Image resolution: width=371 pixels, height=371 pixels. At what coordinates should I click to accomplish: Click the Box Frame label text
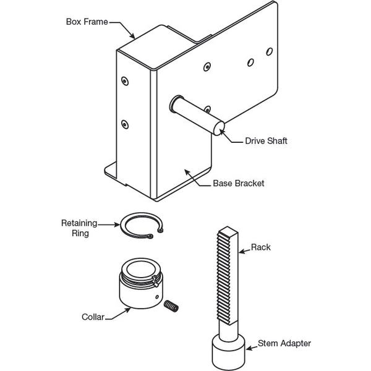click(87, 21)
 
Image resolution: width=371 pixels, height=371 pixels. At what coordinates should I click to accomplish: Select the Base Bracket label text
click(239, 184)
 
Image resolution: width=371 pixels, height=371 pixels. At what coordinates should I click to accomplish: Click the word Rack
click(260, 247)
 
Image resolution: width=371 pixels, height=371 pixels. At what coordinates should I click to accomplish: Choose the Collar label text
click(93, 317)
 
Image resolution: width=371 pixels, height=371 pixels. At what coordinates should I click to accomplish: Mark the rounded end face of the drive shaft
click(219, 127)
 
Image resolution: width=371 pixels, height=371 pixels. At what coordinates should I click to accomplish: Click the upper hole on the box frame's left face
click(126, 80)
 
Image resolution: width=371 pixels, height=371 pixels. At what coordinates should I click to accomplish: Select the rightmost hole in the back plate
click(269, 50)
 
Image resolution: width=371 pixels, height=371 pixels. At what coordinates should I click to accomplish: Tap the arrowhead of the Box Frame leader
click(135, 38)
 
